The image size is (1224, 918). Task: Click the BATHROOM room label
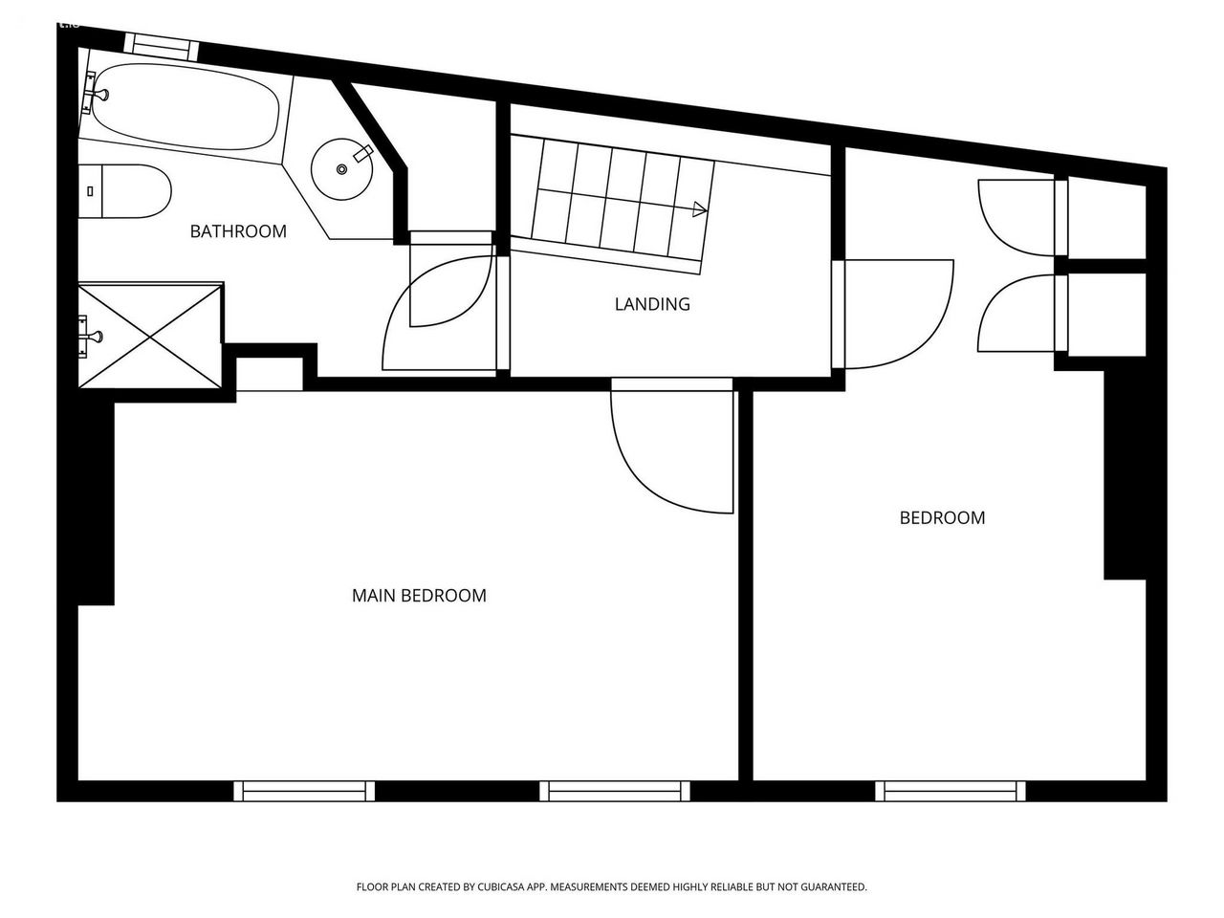(238, 231)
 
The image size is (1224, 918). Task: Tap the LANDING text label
(652, 304)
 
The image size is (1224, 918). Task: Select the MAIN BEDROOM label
(419, 596)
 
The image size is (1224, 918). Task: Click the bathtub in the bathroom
(186, 106)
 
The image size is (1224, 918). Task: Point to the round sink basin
(341, 169)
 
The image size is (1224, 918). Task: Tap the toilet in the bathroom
(124, 191)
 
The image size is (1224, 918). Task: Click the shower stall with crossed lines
(150, 336)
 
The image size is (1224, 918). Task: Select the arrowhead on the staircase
(700, 209)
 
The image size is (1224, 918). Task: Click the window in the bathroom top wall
(162, 46)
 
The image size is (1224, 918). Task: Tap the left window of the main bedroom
(304, 791)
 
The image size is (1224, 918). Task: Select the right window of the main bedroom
(615, 791)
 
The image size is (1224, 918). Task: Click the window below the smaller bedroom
(951, 791)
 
